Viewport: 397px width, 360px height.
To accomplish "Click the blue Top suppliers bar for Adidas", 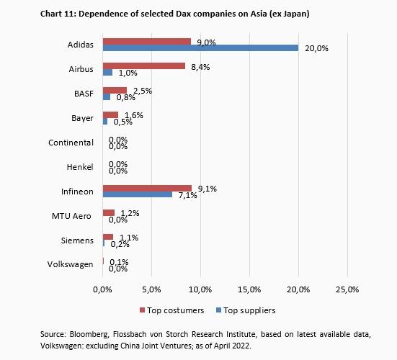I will (x=200, y=48).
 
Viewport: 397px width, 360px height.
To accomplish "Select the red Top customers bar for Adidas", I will (x=147, y=42).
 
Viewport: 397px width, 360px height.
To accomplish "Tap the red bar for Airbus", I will (x=144, y=66).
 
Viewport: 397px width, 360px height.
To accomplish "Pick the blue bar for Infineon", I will (x=138, y=195).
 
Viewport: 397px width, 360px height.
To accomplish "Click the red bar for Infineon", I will (x=147, y=189).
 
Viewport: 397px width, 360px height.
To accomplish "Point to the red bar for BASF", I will (x=115, y=91).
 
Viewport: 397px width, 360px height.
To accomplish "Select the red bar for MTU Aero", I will (x=109, y=213).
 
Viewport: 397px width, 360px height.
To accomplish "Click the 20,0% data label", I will (x=316, y=49).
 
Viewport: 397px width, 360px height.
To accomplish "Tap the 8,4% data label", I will (x=197, y=66).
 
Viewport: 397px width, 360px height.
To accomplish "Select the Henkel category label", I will (x=80, y=167).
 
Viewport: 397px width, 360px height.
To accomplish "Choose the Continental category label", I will (x=71, y=143).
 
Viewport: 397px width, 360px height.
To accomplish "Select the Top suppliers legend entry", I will (x=246, y=310).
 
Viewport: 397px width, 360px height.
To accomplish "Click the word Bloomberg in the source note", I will (x=89, y=336).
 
